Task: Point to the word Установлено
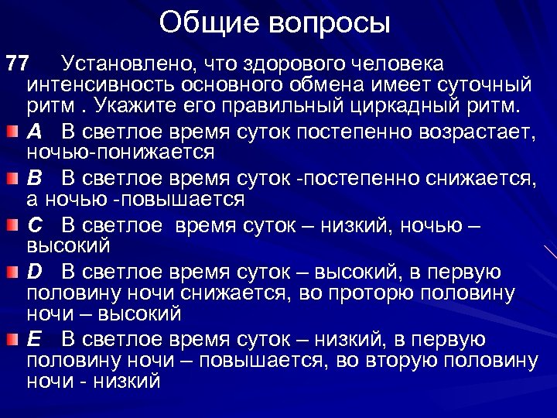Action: pos(134,62)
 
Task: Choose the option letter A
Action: pos(34,131)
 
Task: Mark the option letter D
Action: pos(34,272)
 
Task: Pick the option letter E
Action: pos(34,340)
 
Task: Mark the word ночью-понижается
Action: pos(120,152)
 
